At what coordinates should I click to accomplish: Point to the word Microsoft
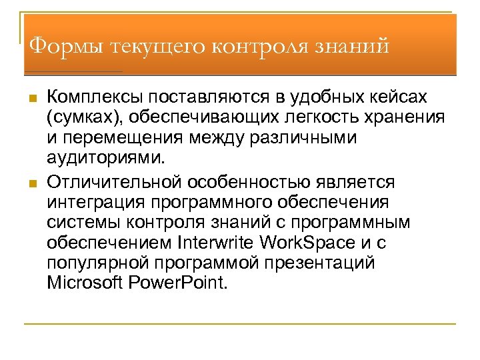[83, 283]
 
